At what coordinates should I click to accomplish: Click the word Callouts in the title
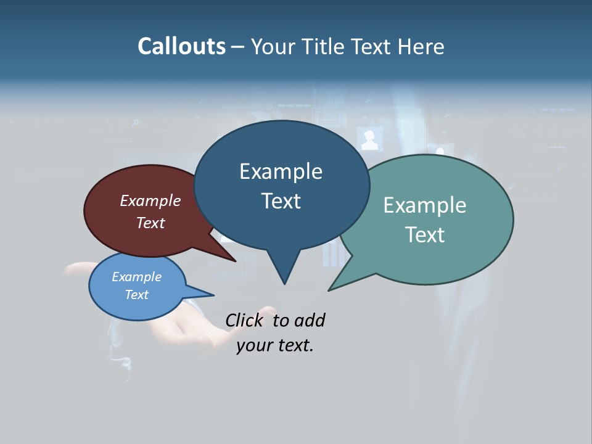tap(181, 46)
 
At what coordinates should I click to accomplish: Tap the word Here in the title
tap(422, 47)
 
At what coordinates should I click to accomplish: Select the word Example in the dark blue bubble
tap(281, 171)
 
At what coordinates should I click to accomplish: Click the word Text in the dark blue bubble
tap(281, 201)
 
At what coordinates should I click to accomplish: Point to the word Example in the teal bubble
tap(425, 205)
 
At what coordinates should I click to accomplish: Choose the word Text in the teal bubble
tap(425, 234)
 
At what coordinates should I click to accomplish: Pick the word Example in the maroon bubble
tap(150, 200)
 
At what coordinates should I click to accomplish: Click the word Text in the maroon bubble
tap(150, 223)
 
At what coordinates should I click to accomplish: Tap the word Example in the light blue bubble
tap(136, 277)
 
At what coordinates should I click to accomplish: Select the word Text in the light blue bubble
tap(136, 295)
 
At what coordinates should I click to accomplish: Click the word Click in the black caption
tap(244, 320)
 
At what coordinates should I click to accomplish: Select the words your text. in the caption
tap(275, 345)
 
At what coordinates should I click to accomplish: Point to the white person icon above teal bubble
tap(369, 141)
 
